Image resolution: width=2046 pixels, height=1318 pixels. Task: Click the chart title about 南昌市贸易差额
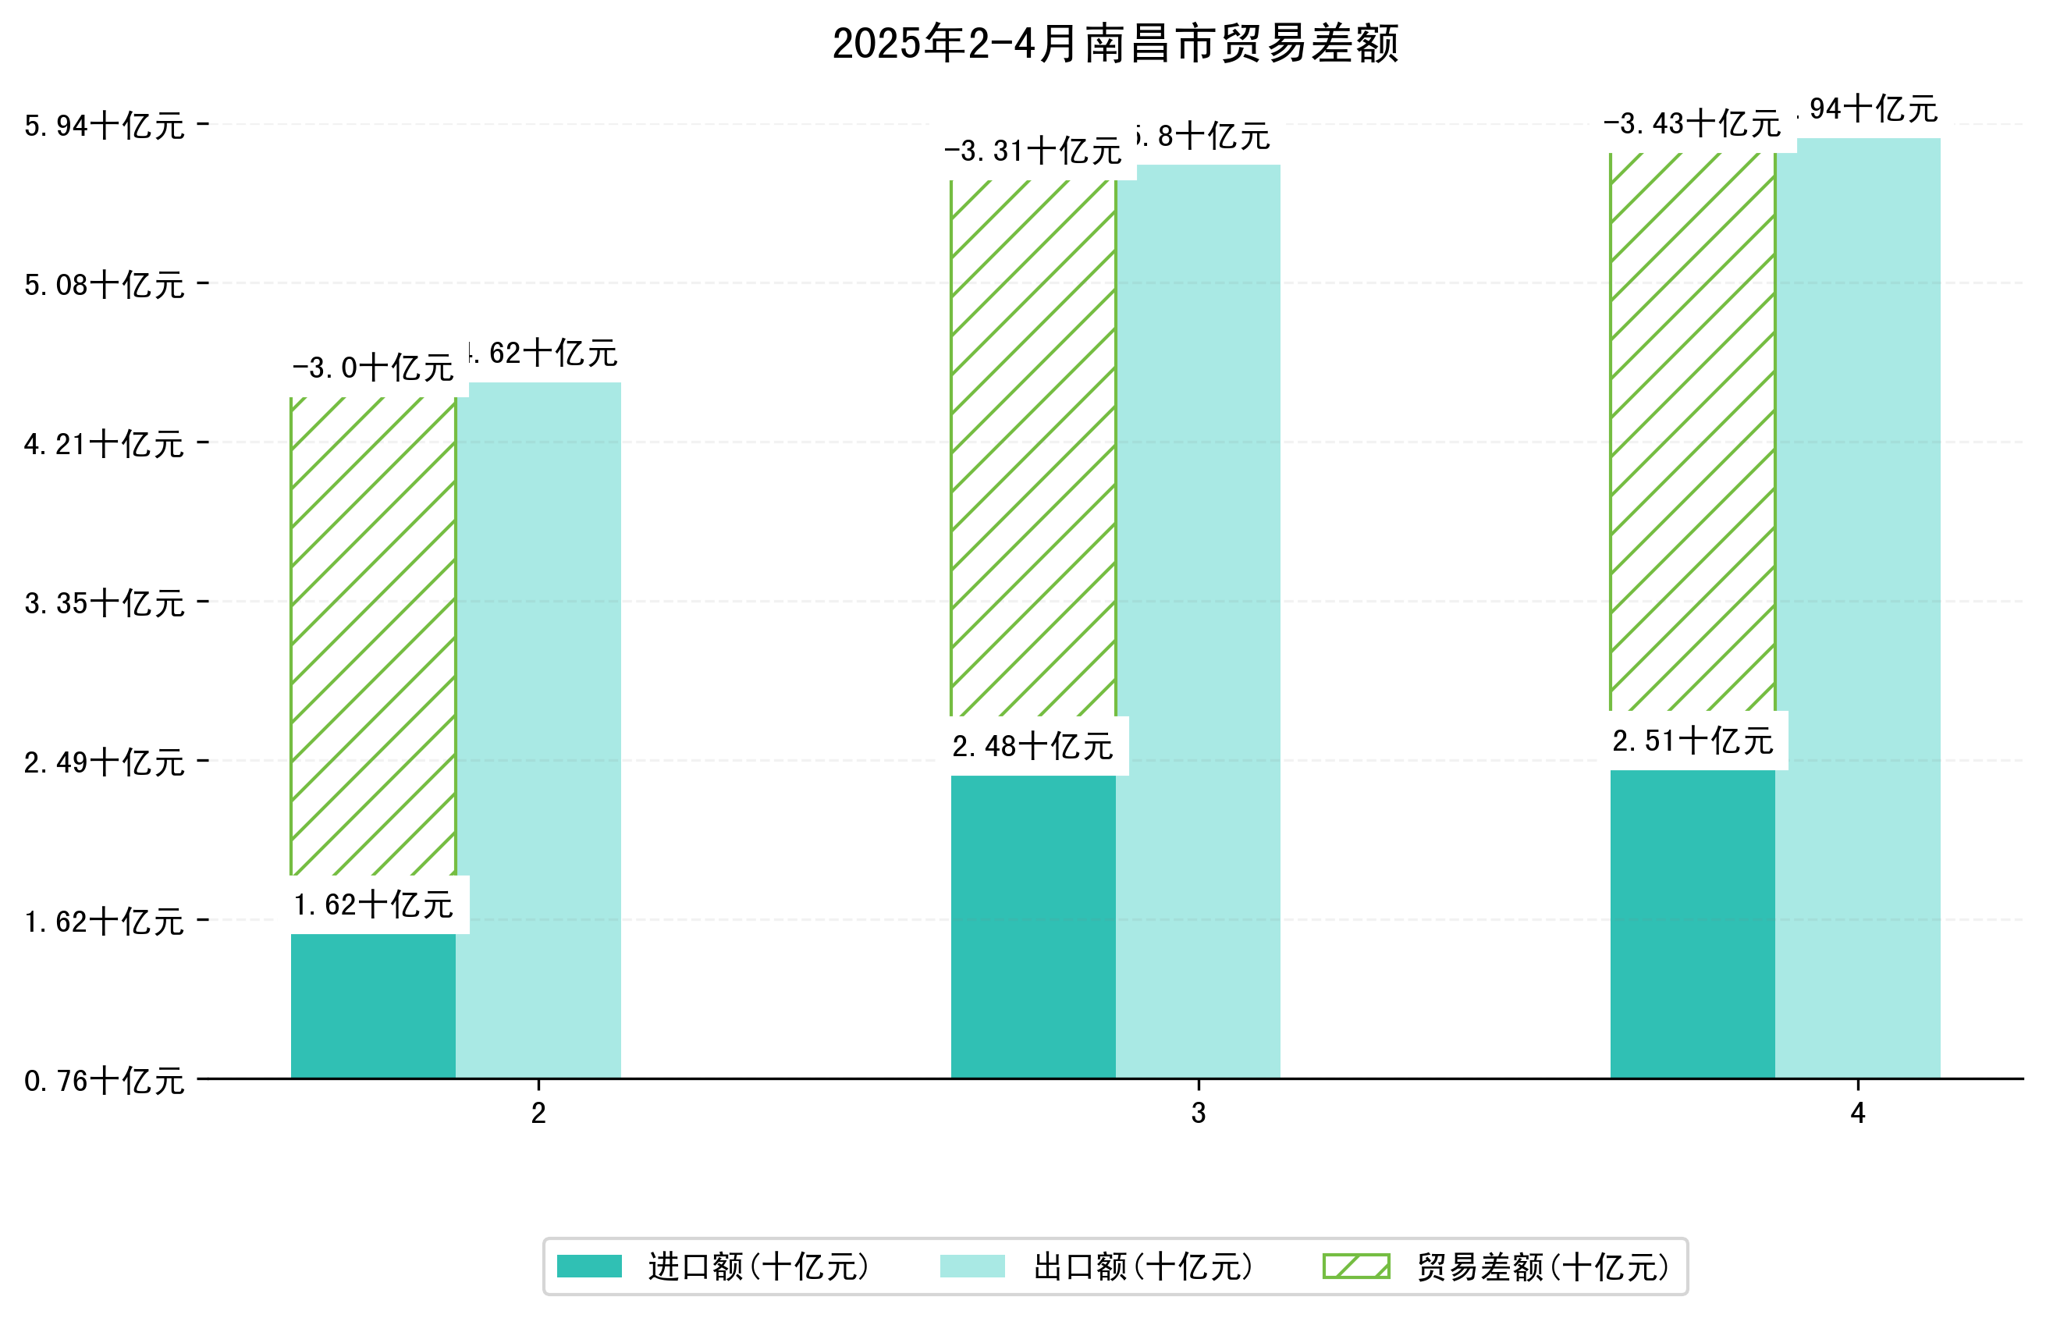coord(1114,44)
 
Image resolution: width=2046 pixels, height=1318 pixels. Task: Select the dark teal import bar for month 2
coord(373,1006)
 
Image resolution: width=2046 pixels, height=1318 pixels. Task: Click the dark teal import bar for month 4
coord(1692,923)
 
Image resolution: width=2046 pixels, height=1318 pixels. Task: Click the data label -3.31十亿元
coord(1032,151)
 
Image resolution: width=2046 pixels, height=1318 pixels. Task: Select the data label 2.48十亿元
coord(1032,746)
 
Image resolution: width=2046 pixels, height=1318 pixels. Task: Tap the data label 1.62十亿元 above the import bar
coord(373,904)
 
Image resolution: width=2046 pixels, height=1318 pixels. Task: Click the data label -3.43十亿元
coord(1692,124)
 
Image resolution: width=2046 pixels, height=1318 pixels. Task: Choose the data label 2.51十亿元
coord(1692,741)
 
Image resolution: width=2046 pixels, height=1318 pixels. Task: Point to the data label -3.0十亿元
coord(373,368)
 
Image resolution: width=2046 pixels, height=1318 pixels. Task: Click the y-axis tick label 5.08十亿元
coord(105,284)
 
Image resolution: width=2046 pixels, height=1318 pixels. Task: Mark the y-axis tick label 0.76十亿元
coord(105,1081)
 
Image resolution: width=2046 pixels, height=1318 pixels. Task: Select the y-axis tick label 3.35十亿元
coord(105,602)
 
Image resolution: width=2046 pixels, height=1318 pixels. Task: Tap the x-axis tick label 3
coord(1198,1113)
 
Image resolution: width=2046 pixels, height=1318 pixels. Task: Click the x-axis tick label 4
coord(1858,1113)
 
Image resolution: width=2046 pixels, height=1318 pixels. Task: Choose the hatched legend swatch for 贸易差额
coord(1356,1266)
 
